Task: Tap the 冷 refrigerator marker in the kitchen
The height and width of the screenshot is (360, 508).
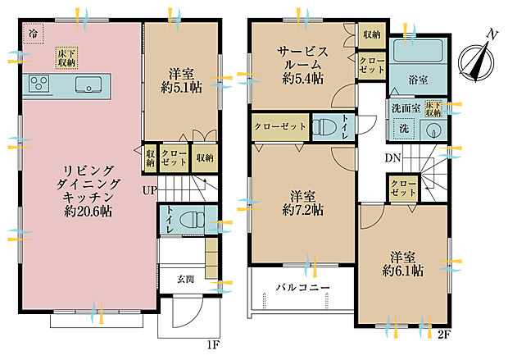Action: pos(34,35)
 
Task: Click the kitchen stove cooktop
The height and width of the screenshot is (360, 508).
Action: pos(40,82)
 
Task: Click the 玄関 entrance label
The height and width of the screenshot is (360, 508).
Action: pos(186,279)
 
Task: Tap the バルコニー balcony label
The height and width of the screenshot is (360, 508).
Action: pos(302,288)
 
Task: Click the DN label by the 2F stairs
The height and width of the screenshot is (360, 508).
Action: pos(392,158)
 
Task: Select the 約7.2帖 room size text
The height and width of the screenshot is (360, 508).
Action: pos(304,210)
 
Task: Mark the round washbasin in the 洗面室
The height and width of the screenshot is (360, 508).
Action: pos(433,130)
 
